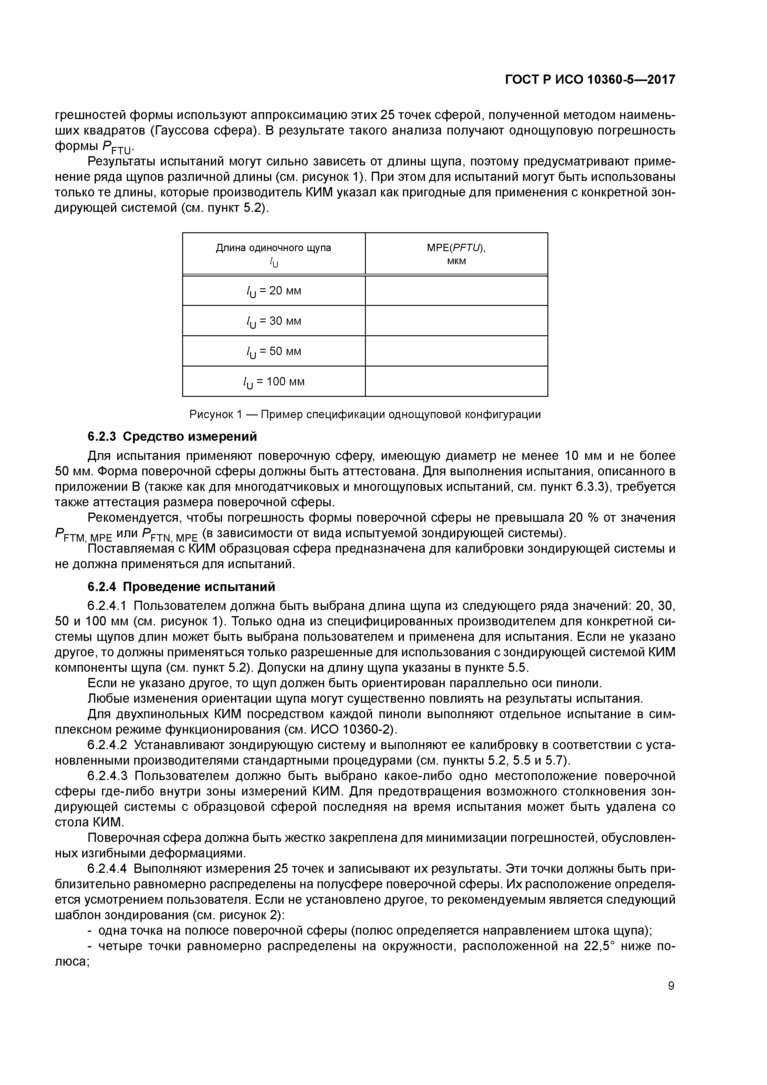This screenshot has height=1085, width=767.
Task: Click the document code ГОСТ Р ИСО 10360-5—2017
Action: pos(590,80)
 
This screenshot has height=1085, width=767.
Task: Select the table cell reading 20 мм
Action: pos(274,291)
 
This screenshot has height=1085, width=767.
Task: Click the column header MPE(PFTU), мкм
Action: pos(456,254)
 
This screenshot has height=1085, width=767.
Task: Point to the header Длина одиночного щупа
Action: pos(274,248)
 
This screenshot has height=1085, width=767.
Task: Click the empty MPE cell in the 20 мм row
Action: pos(456,291)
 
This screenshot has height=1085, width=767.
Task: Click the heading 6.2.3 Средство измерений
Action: pos(173,437)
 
